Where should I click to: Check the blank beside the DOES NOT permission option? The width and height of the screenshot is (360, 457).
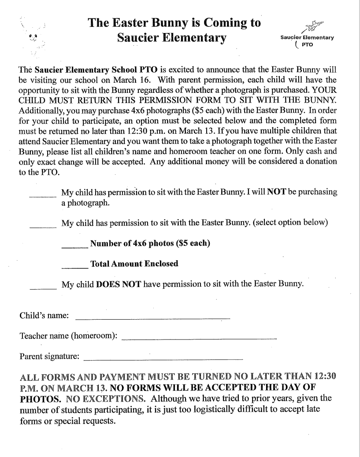click(42, 288)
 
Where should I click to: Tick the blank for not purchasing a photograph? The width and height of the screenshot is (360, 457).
click(42, 195)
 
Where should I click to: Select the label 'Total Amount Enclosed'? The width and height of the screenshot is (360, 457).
click(134, 264)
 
